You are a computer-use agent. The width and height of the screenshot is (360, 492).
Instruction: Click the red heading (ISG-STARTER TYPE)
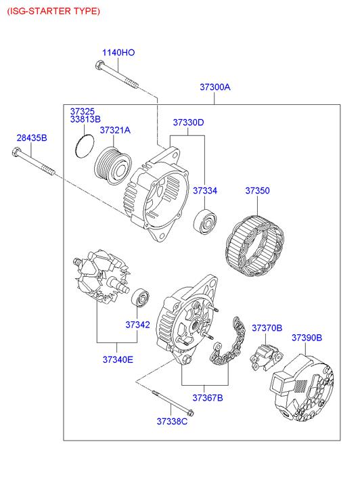tap(53, 12)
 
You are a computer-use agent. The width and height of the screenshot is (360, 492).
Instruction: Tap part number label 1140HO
tap(118, 52)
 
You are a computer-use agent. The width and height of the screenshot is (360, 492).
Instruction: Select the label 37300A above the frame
tap(215, 87)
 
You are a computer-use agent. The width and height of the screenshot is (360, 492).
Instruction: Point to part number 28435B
tap(32, 137)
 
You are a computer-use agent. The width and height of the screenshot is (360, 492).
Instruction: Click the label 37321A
tap(115, 130)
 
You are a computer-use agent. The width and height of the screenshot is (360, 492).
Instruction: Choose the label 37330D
tap(188, 122)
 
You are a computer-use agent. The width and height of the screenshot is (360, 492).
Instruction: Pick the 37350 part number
tap(257, 190)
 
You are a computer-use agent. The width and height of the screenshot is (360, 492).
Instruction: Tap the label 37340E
tap(118, 359)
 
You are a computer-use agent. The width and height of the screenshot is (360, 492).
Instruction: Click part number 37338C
tap(172, 421)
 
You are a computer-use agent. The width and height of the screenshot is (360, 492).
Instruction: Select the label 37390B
tap(307, 338)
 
